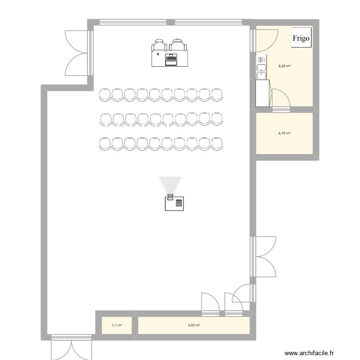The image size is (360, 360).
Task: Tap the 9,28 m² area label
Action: (x=285, y=67)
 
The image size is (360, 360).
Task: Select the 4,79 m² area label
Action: (x=285, y=133)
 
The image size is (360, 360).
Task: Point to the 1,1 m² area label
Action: (x=117, y=325)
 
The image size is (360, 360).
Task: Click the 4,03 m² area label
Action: (x=194, y=325)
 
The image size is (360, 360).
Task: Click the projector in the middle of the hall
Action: (x=174, y=203)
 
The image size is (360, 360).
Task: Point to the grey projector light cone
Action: (x=170, y=185)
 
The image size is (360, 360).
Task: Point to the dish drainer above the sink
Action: (x=261, y=60)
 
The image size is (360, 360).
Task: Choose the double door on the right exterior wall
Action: (x=263, y=257)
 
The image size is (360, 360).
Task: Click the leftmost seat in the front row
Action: (x=105, y=95)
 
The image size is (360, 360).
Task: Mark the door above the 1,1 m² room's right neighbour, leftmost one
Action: (x=210, y=304)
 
